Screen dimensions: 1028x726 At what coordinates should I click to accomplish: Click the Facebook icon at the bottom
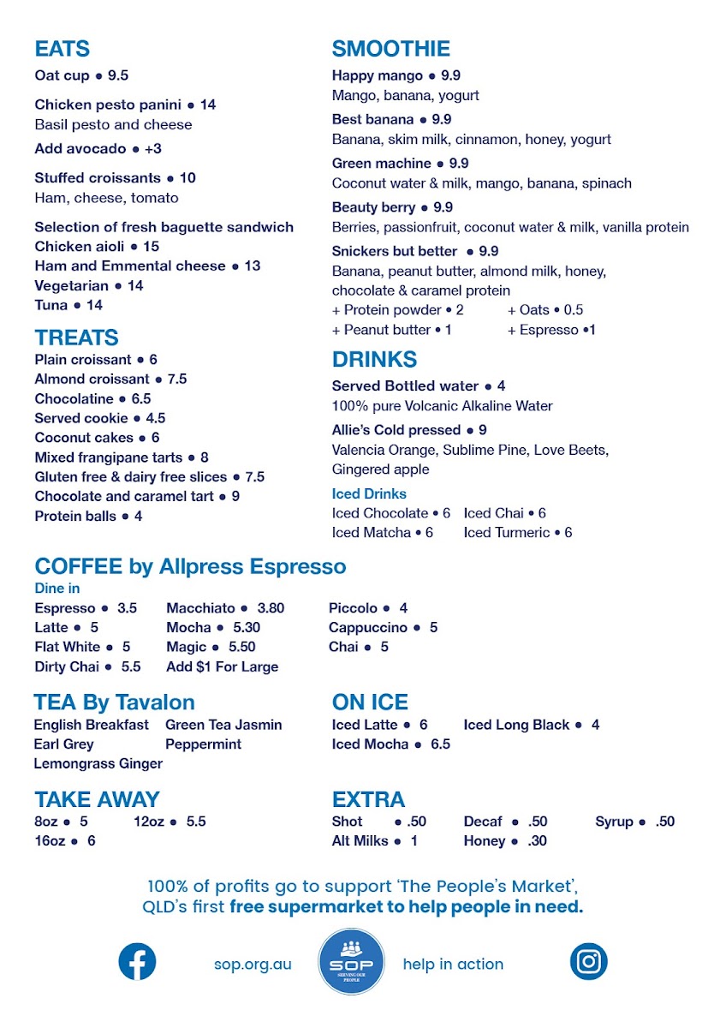pos(137,961)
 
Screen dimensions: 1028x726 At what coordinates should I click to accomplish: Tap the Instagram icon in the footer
pos(588,961)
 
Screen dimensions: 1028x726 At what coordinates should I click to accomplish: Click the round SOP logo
pos(351,961)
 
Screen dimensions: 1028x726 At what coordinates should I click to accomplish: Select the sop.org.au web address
pos(253,964)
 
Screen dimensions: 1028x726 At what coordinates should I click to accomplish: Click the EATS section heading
pos(62,49)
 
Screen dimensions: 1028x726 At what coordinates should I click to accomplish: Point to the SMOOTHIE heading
pos(390,49)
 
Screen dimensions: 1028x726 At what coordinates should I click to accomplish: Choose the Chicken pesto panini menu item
pos(108,105)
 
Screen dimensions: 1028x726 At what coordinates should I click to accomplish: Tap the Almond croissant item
pos(92,379)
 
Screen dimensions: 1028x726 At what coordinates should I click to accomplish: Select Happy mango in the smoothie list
pos(378,75)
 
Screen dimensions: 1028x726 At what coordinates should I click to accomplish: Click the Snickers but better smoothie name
pos(394,251)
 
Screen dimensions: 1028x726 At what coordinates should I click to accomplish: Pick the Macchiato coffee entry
pos(201,608)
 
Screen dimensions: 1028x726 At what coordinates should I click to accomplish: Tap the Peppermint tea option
pos(203,744)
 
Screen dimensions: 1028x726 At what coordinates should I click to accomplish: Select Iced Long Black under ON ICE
pos(516,725)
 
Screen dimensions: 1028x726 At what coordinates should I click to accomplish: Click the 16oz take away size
pos(50,841)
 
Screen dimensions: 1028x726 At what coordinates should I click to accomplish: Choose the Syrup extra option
pos(615,822)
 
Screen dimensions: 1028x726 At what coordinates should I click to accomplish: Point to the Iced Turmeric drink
pos(507,533)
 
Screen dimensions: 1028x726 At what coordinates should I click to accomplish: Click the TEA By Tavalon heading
pos(114,702)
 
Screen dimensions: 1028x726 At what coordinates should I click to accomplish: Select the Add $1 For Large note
pos(223,666)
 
